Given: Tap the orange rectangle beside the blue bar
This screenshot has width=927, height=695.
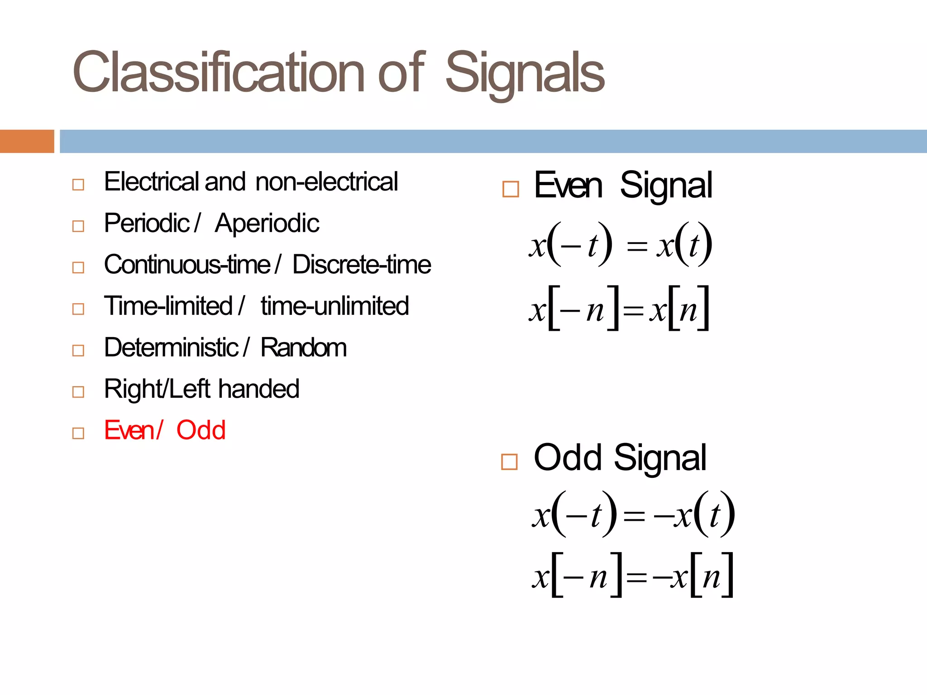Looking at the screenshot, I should pyautogui.click(x=27, y=141).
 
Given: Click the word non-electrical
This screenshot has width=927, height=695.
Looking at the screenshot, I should pyautogui.click(x=326, y=182).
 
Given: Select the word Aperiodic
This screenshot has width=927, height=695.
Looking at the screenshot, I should pyautogui.click(x=267, y=224).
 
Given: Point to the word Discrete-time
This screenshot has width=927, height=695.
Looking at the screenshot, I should pyautogui.click(x=362, y=265).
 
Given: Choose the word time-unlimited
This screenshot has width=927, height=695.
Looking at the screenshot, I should pyautogui.click(x=335, y=306).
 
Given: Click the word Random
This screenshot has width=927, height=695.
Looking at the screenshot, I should pyautogui.click(x=304, y=348).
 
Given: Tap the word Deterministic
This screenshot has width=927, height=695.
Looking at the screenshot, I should pyautogui.click(x=171, y=348).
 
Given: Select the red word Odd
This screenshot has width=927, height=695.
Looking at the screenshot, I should pyautogui.click(x=201, y=430).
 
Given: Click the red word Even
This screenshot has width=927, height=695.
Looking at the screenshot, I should pyautogui.click(x=129, y=430).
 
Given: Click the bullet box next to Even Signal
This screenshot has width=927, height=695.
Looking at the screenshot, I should pyautogui.click(x=511, y=189).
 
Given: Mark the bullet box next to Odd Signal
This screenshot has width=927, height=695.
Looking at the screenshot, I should pyautogui.click(x=509, y=462).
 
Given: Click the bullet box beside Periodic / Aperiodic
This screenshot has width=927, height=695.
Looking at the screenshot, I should pyautogui.click(x=78, y=226).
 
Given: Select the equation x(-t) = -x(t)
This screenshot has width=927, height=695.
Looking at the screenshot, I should pyautogui.click(x=633, y=514).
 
